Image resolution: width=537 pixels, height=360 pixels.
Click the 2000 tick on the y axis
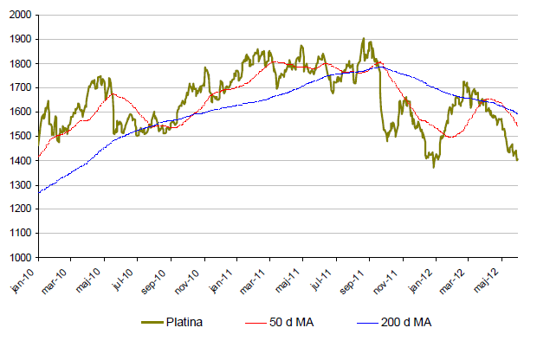point(20,16)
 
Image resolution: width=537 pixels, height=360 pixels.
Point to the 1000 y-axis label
point(20,258)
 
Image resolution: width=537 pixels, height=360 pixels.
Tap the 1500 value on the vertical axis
point(20,137)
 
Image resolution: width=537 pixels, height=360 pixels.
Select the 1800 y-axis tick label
point(20,64)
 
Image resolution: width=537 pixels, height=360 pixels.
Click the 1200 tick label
point(20,209)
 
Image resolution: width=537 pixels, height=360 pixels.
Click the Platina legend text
point(197,323)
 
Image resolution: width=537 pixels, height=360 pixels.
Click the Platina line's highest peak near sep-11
point(364,39)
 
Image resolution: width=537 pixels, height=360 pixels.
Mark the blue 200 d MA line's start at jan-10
point(39,192)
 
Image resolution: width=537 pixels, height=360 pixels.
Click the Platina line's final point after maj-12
point(518,159)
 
